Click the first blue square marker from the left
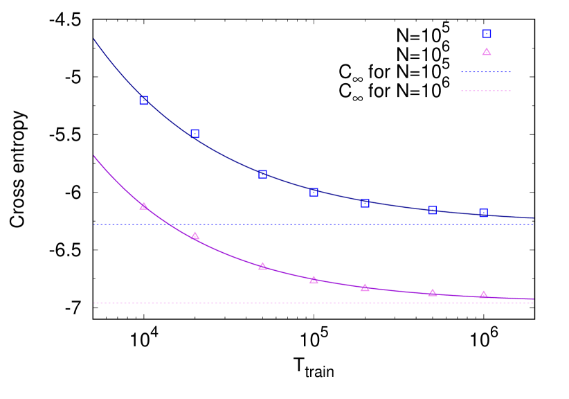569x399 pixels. pos(143,100)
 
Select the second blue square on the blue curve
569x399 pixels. pos(195,134)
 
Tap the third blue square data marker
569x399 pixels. pos(262,174)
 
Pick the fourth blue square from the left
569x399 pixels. pos(314,192)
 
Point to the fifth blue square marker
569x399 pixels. pos(365,203)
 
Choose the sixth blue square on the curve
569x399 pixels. pos(433,210)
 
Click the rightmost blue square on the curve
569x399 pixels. pos(483,213)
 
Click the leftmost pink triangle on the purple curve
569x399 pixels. pos(143,206)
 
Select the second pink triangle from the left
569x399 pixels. pos(195,236)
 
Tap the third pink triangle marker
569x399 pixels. pos(262,266)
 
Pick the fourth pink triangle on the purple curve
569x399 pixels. pos(314,280)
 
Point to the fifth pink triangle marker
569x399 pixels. pos(365,287)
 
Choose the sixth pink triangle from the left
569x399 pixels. pos(433,292)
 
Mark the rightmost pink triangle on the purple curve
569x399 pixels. pos(483,294)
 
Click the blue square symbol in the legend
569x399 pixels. pos(487,34)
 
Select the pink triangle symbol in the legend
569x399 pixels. pos(487,52)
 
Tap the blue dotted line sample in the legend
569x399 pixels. pos(486,72)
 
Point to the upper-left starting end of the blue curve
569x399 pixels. pos(94,39)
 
